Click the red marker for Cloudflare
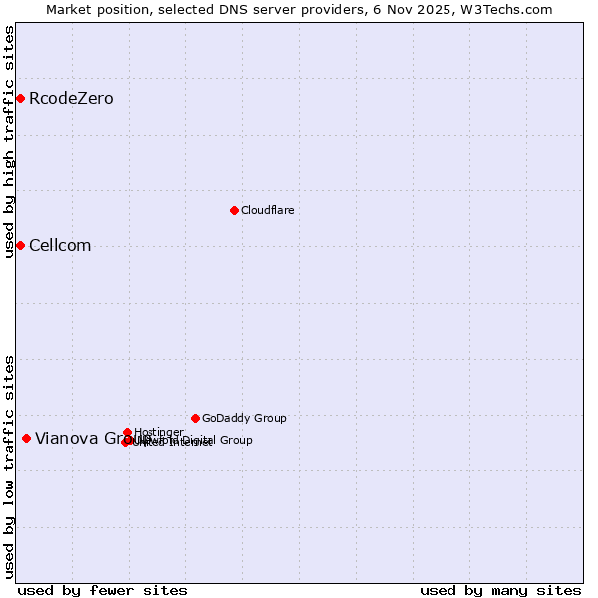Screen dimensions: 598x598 coord(234,210)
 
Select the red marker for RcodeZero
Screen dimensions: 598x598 coord(20,98)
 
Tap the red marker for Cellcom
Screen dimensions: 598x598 coord(20,245)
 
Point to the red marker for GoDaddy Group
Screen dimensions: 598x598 coord(195,418)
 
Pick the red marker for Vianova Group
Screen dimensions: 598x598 coord(26,438)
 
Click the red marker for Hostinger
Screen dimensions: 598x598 coord(128,432)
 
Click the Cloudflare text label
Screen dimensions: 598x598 coord(267,210)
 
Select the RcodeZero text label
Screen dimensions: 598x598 coord(71,98)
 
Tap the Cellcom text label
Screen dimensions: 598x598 coord(60,246)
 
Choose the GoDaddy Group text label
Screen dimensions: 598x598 coord(244,418)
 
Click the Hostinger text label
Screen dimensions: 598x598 coord(158,432)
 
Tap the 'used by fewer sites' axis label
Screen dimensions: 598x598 coord(103,590)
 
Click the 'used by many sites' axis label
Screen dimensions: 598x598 coord(500,590)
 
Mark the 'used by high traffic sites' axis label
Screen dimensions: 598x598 coord(9,142)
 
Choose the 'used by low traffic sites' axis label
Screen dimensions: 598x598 coord(9,465)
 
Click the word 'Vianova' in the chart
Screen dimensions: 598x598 coord(66,438)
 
